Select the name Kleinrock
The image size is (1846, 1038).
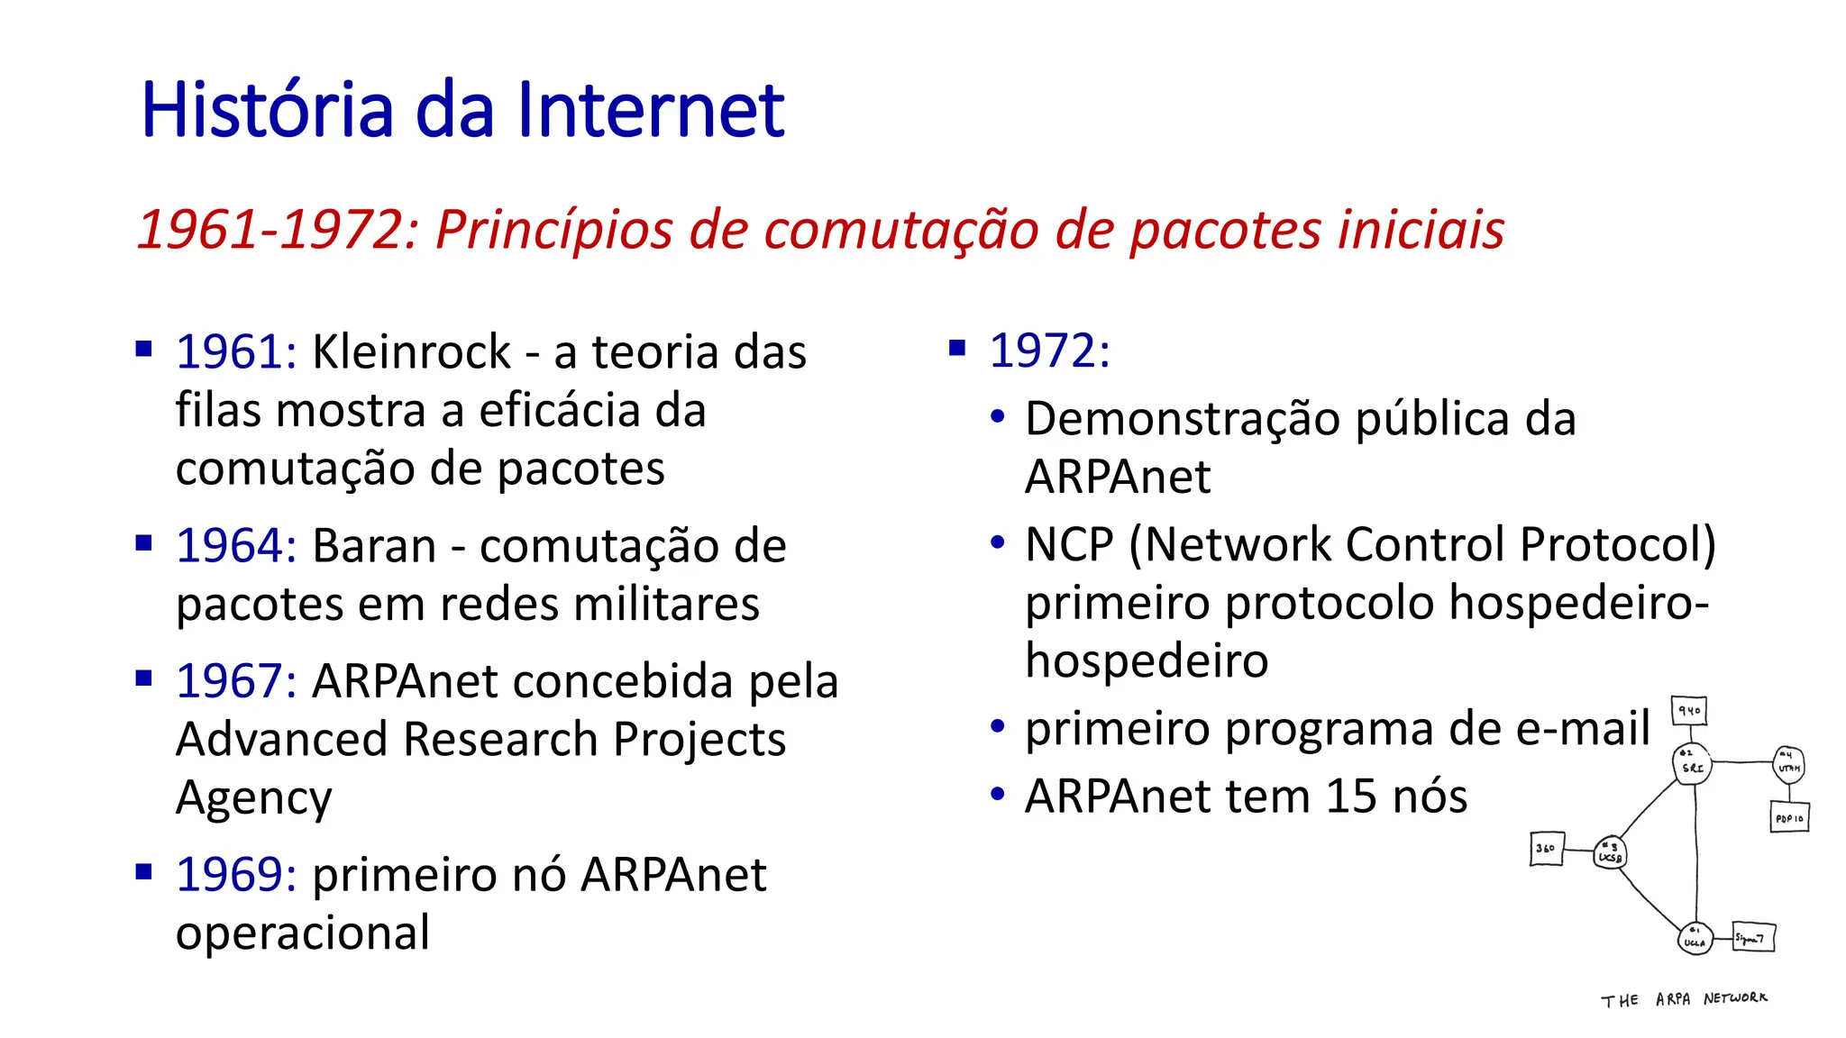(x=411, y=351)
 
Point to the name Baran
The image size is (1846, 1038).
(x=374, y=546)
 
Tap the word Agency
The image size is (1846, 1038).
(x=253, y=798)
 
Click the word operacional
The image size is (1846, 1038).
(x=303, y=933)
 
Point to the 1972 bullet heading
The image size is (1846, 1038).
(x=1049, y=351)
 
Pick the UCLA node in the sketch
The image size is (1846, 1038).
(x=1694, y=939)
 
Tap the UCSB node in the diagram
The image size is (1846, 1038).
(x=1610, y=852)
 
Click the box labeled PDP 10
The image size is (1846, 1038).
(x=1789, y=818)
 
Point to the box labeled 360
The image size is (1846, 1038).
(x=1546, y=849)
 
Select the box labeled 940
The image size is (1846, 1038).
(x=1688, y=711)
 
